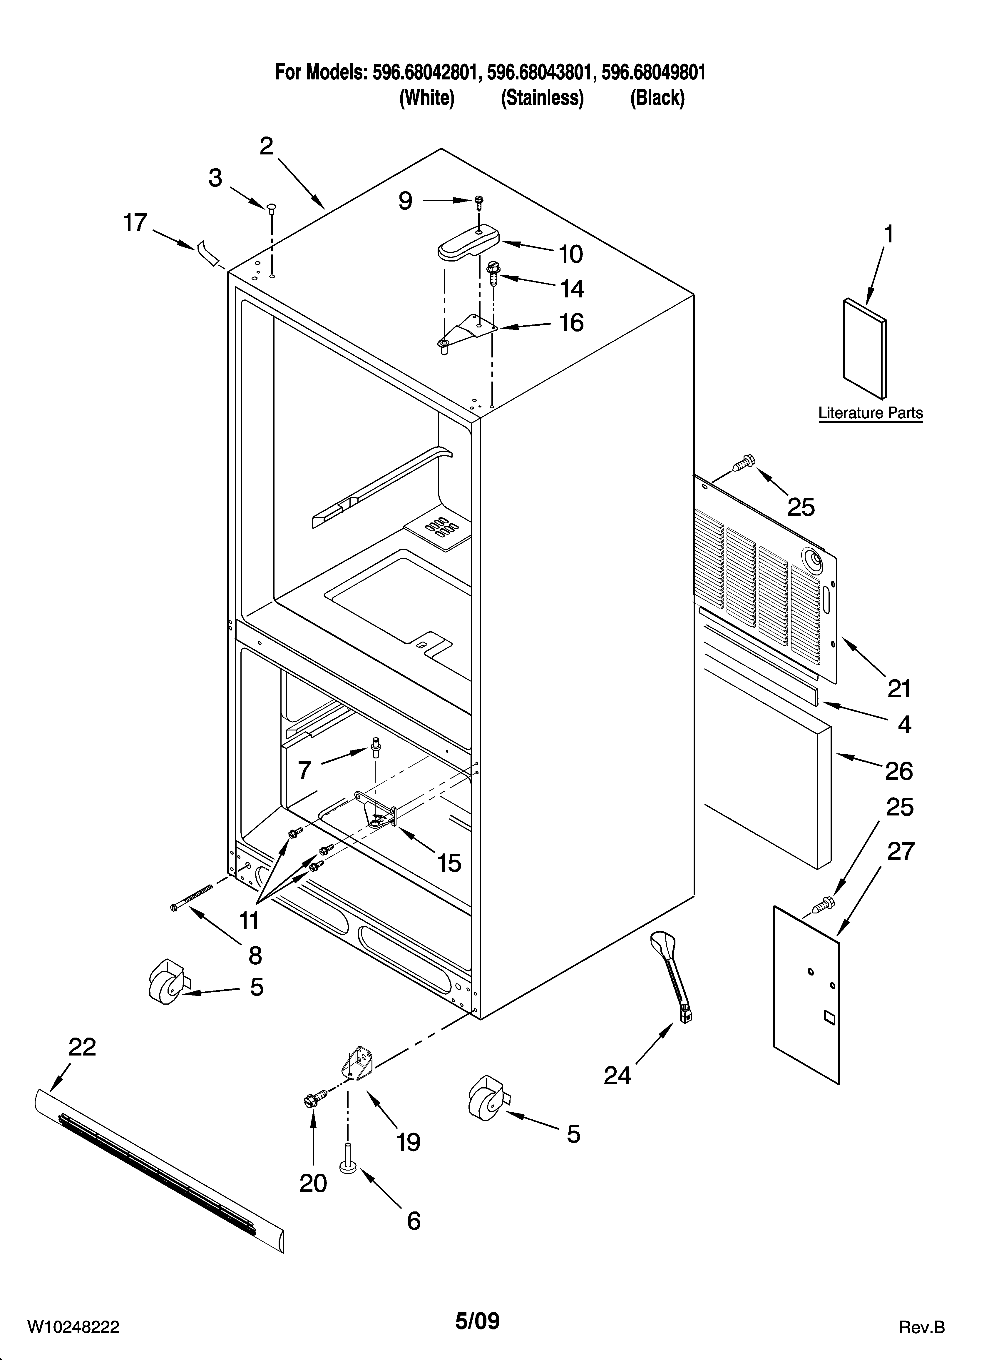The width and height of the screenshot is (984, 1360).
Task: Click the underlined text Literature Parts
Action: coord(870,413)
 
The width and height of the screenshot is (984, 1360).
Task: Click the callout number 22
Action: coord(82,1047)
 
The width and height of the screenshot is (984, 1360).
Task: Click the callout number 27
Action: coord(900,851)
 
